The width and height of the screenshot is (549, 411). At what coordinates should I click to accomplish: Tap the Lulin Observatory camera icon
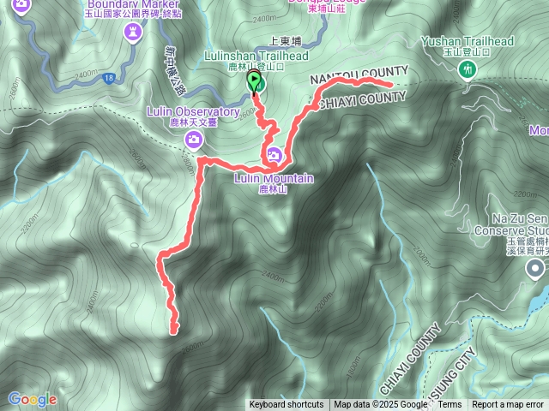tap(195, 139)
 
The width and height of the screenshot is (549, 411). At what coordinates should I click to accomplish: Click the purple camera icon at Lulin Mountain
tap(274, 155)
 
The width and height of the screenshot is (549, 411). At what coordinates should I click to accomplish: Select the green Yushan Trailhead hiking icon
tap(468, 70)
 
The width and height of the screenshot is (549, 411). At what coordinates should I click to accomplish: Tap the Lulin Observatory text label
tap(192, 111)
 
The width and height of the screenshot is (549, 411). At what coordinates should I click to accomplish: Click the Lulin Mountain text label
tap(274, 178)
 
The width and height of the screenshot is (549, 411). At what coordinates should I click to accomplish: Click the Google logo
tap(32, 399)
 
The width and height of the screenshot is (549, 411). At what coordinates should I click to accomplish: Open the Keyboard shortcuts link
tap(287, 405)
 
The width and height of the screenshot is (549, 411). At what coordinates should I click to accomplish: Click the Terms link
tap(449, 405)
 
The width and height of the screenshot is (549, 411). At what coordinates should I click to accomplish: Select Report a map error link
tap(509, 405)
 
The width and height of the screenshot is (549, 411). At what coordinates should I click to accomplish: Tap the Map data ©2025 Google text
tap(381, 405)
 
